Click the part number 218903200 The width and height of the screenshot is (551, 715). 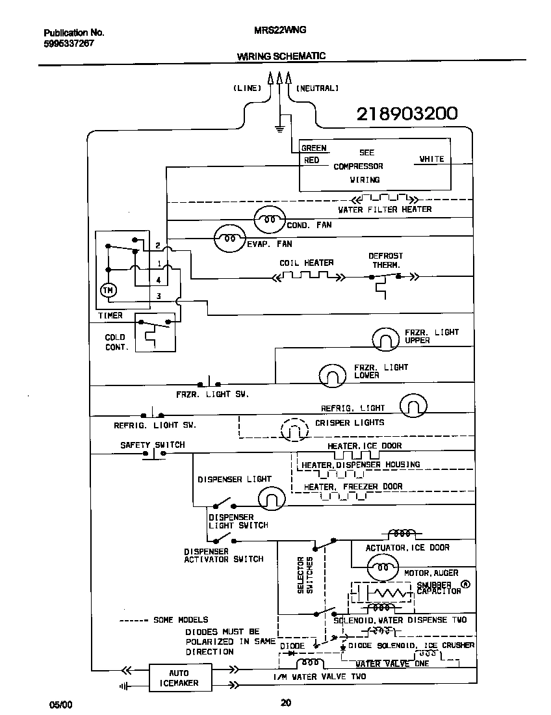[407, 114]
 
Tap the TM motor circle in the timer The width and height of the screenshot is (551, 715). [109, 290]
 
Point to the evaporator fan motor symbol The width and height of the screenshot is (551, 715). [230, 238]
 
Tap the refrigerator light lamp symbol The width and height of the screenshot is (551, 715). [413, 407]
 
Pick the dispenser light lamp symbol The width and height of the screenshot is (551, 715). [272, 499]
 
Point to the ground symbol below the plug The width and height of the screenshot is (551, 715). [279, 128]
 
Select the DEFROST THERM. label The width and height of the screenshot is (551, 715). [385, 261]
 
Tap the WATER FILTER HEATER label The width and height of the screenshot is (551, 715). [385, 209]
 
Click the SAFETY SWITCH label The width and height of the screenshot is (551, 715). [152, 445]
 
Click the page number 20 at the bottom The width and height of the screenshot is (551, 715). [285, 701]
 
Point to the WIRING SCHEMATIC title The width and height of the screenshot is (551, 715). [281, 57]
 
